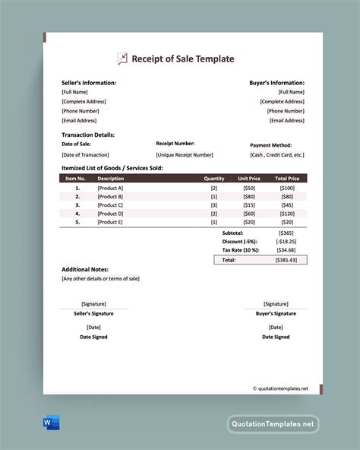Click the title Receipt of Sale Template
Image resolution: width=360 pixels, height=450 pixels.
(x=183, y=59)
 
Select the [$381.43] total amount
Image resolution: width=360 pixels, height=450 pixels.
(x=286, y=259)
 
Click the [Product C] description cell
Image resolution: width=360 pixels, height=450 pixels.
(x=110, y=205)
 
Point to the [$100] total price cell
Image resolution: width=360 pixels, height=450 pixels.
(x=287, y=188)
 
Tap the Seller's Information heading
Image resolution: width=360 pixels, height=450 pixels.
(x=89, y=82)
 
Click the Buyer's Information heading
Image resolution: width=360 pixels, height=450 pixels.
(x=276, y=82)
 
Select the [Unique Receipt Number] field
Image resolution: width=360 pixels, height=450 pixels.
(x=185, y=154)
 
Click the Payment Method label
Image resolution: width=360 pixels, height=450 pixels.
(x=270, y=144)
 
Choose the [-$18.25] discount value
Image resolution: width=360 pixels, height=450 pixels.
(x=285, y=241)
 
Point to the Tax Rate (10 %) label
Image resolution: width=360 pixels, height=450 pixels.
(x=241, y=249)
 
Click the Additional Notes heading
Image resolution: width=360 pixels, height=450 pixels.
(x=85, y=269)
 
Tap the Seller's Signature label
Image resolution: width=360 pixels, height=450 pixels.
(x=93, y=313)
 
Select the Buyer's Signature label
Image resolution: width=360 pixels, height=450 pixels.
(x=276, y=313)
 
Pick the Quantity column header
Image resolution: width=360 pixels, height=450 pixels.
(x=213, y=179)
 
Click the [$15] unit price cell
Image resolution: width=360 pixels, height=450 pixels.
(x=248, y=205)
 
